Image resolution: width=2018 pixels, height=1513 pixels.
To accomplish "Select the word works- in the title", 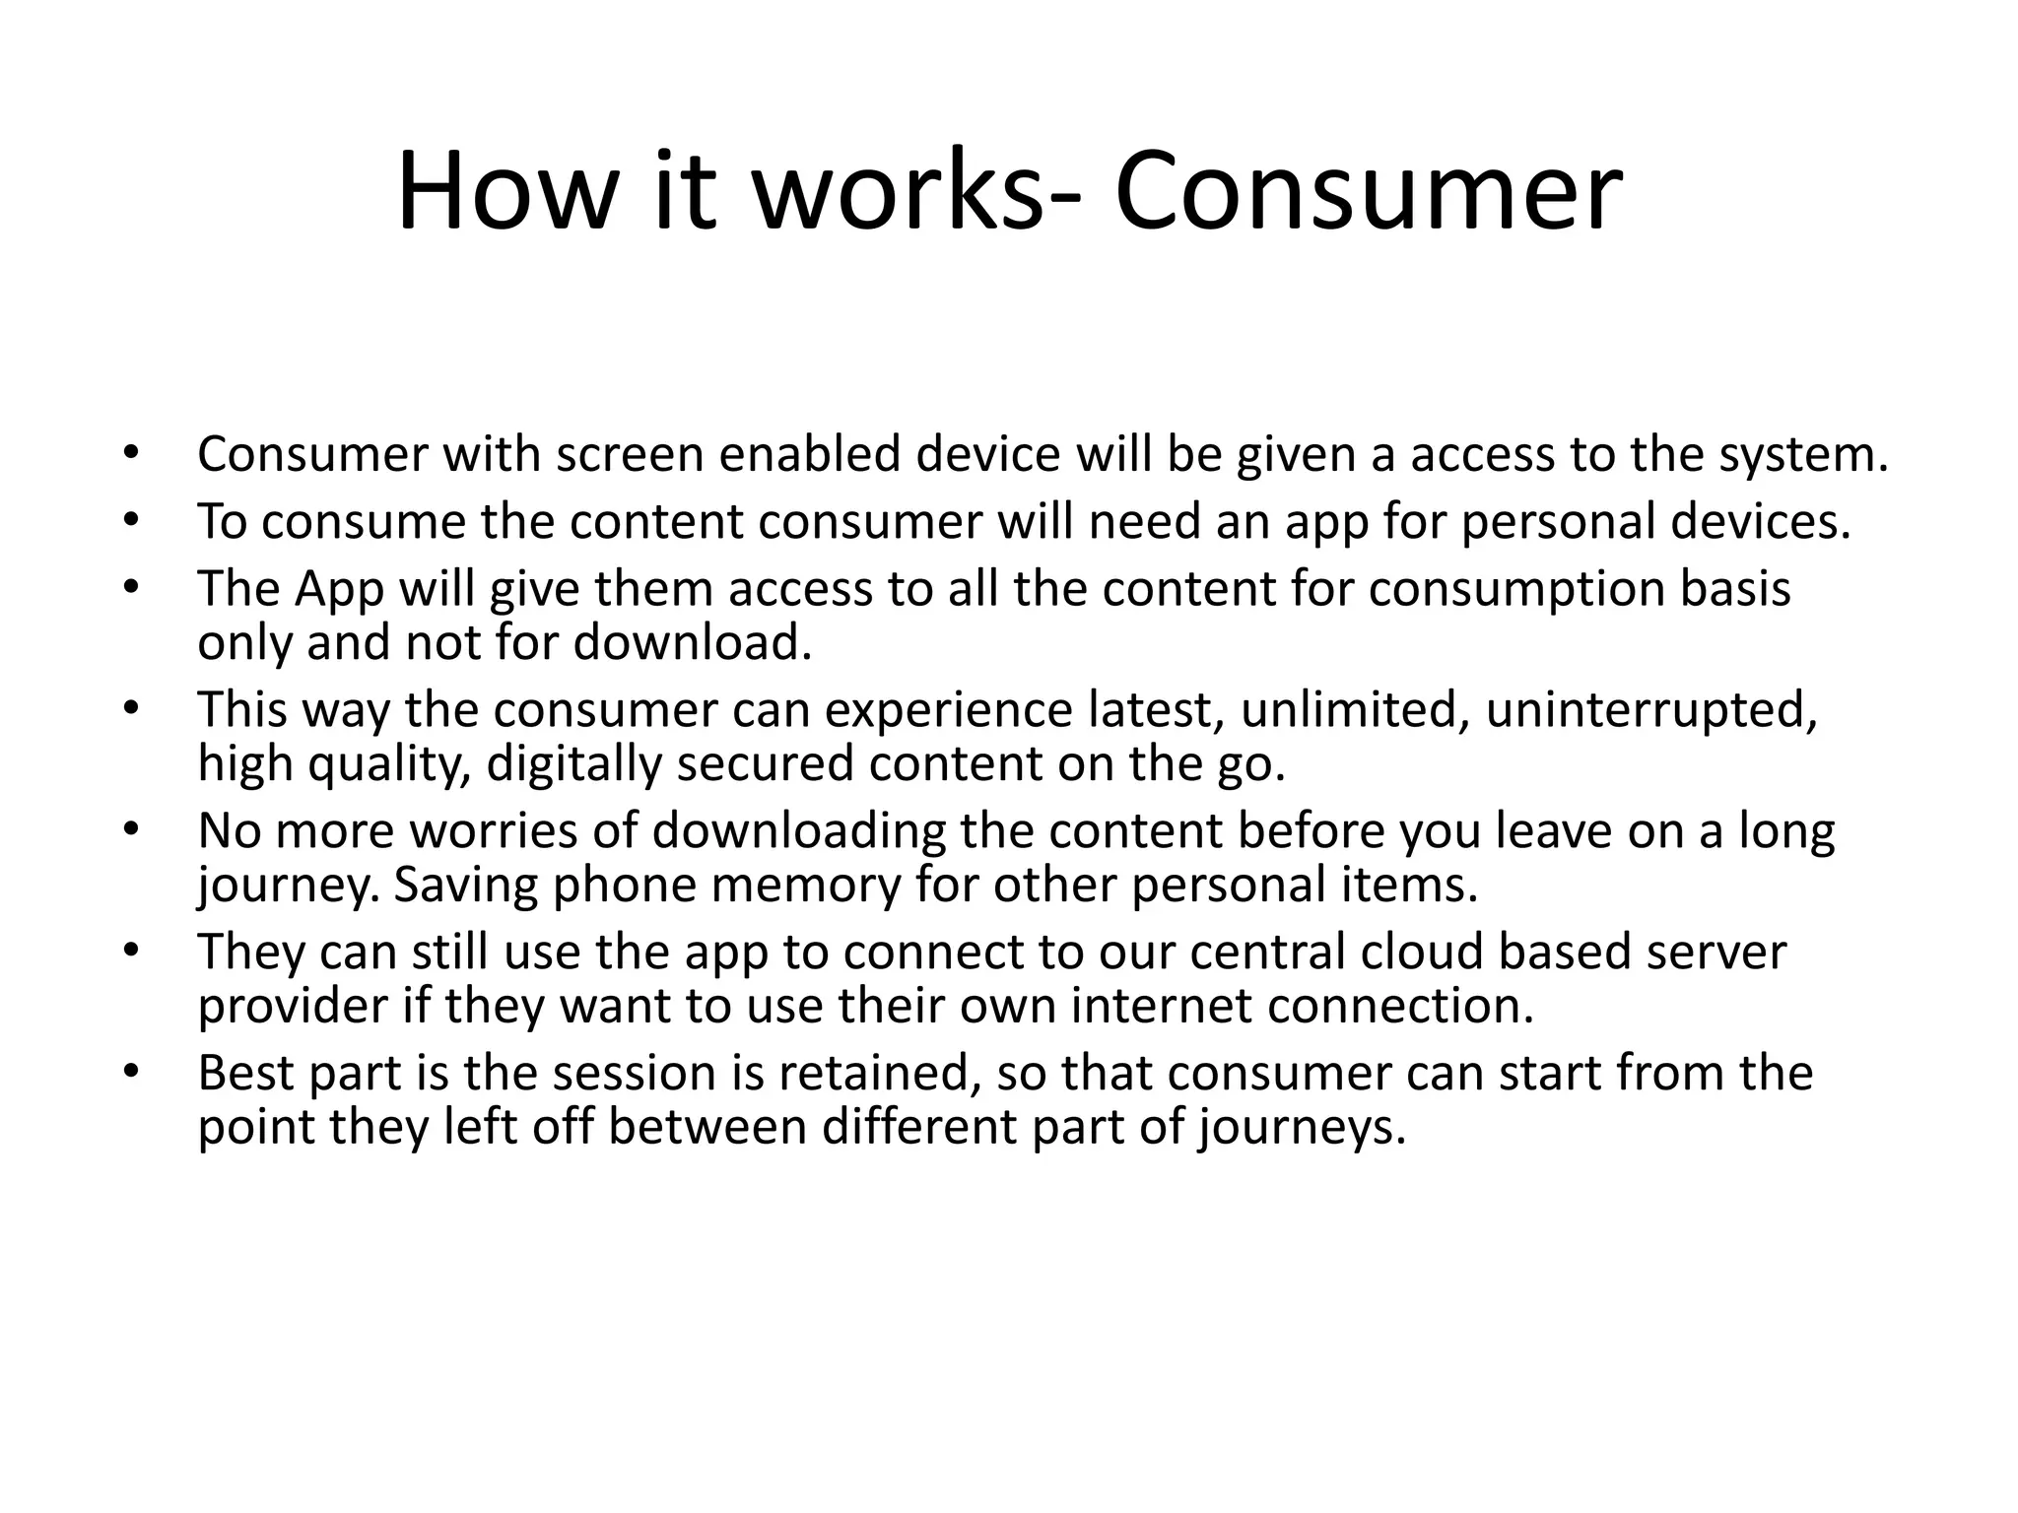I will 917,192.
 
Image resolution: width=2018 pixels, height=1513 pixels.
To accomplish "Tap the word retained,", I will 880,1074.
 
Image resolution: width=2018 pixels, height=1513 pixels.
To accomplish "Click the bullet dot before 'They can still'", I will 132,952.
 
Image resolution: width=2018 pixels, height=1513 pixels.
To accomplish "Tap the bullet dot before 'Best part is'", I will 132,1073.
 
